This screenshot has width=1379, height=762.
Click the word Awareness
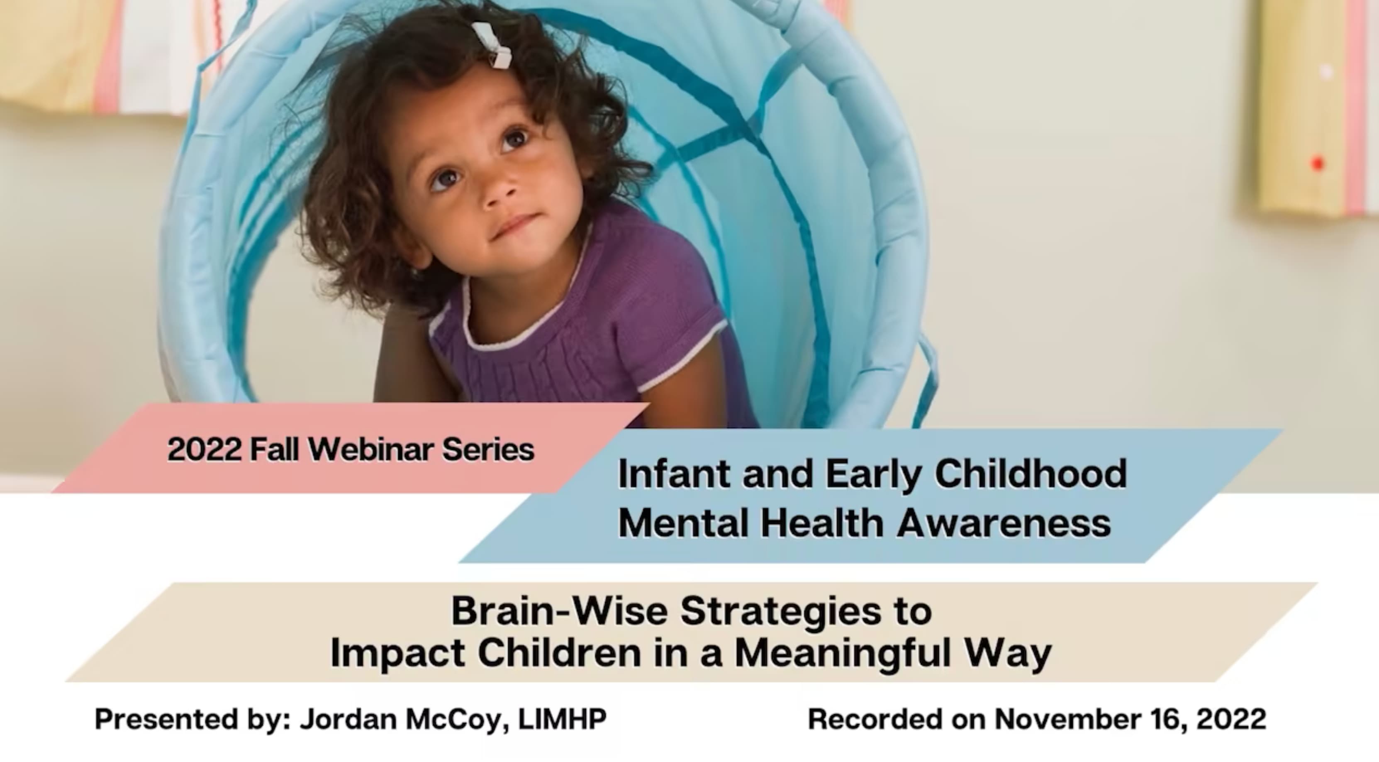point(1004,523)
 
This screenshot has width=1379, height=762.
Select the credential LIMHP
point(562,719)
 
